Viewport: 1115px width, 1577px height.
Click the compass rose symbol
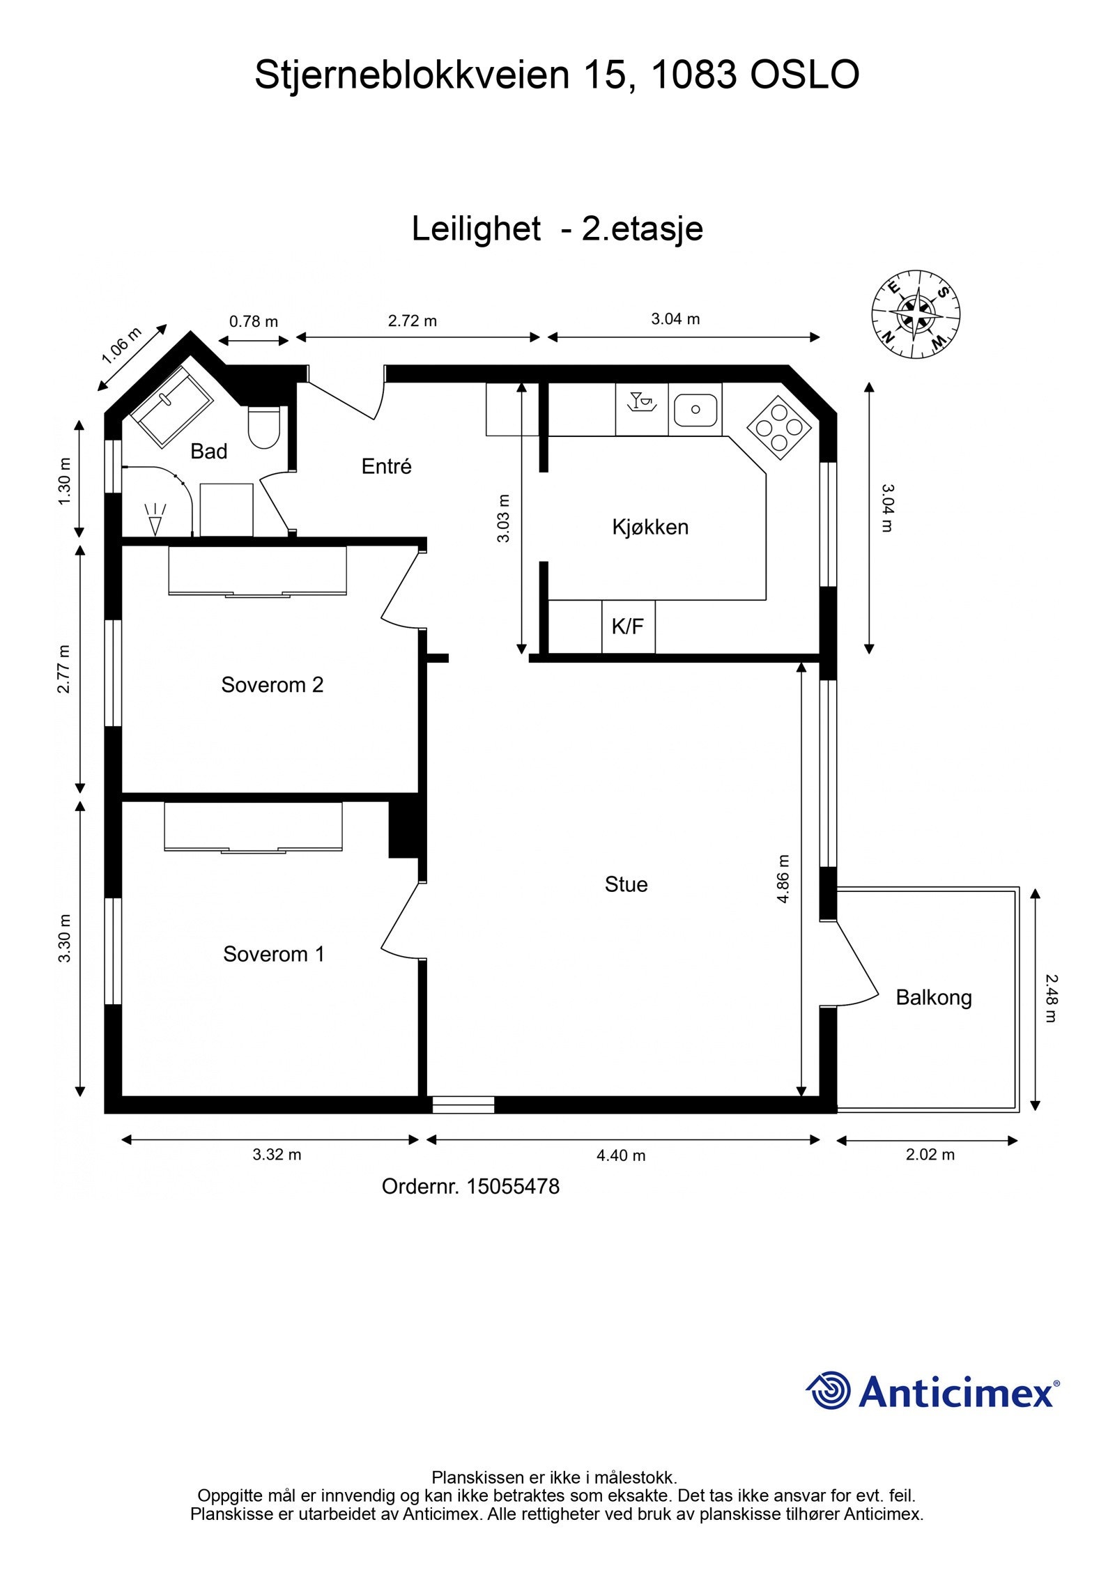[916, 314]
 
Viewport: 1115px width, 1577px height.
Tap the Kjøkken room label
[650, 527]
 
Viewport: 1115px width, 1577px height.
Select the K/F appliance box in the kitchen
[628, 626]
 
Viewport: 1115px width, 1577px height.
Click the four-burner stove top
[779, 428]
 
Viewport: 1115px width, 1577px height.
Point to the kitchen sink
[695, 410]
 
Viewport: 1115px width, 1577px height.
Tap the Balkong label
[934, 997]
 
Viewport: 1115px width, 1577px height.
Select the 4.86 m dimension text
[783, 879]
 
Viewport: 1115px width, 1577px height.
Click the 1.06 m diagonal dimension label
[121, 346]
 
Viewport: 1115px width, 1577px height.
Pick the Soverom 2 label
[272, 685]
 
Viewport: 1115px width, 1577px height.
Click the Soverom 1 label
[274, 954]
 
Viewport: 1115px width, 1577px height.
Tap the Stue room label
[626, 884]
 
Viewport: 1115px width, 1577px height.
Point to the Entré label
[386, 466]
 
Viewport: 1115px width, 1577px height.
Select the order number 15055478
[512, 1186]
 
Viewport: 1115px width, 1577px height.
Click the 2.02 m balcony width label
[930, 1155]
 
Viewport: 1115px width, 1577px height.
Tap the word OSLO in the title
[804, 75]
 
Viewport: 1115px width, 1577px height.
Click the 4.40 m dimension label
[621, 1155]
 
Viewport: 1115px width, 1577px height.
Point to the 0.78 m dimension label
[254, 321]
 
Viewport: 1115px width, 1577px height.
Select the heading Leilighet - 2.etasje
[557, 229]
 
